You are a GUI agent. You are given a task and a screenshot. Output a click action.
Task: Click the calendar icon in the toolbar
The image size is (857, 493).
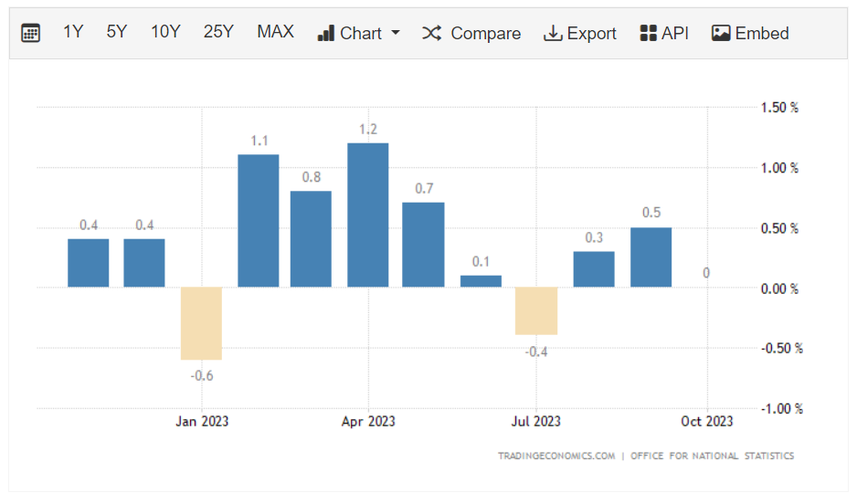tap(30, 33)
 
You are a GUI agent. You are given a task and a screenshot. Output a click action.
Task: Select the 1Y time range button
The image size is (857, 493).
tap(73, 32)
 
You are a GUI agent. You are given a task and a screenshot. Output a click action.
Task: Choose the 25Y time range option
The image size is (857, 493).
tap(218, 32)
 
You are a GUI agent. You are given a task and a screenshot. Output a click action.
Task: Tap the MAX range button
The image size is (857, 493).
tap(275, 32)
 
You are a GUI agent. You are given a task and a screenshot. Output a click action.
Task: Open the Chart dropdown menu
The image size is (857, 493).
tap(359, 33)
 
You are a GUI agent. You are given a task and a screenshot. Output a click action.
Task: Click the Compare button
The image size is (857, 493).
tap(471, 33)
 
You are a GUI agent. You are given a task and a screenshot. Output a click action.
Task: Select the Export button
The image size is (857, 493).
tap(580, 33)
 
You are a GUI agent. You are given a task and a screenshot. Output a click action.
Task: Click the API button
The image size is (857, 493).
tap(664, 33)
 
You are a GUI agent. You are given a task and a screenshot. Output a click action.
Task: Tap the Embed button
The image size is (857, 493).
tap(750, 33)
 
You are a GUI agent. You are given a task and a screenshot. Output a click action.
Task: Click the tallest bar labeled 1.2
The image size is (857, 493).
tap(368, 215)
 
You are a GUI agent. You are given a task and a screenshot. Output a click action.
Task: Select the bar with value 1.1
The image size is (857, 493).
tap(259, 220)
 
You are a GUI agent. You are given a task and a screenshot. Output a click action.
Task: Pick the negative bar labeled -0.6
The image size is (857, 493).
tap(201, 323)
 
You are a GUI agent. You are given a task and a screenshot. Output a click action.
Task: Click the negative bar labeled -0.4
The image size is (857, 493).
tap(536, 310)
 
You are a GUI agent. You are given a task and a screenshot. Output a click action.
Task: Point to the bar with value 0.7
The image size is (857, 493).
tap(424, 244)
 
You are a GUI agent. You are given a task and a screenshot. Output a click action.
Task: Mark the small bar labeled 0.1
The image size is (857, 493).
tap(481, 281)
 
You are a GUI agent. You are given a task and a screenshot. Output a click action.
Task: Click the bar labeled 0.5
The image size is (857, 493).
tap(651, 257)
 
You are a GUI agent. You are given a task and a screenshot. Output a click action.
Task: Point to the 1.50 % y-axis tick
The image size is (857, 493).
tap(779, 108)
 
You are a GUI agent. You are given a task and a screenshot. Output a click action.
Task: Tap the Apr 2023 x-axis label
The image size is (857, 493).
tap(368, 421)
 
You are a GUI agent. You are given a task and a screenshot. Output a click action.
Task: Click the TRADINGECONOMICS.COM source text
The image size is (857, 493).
tap(556, 456)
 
